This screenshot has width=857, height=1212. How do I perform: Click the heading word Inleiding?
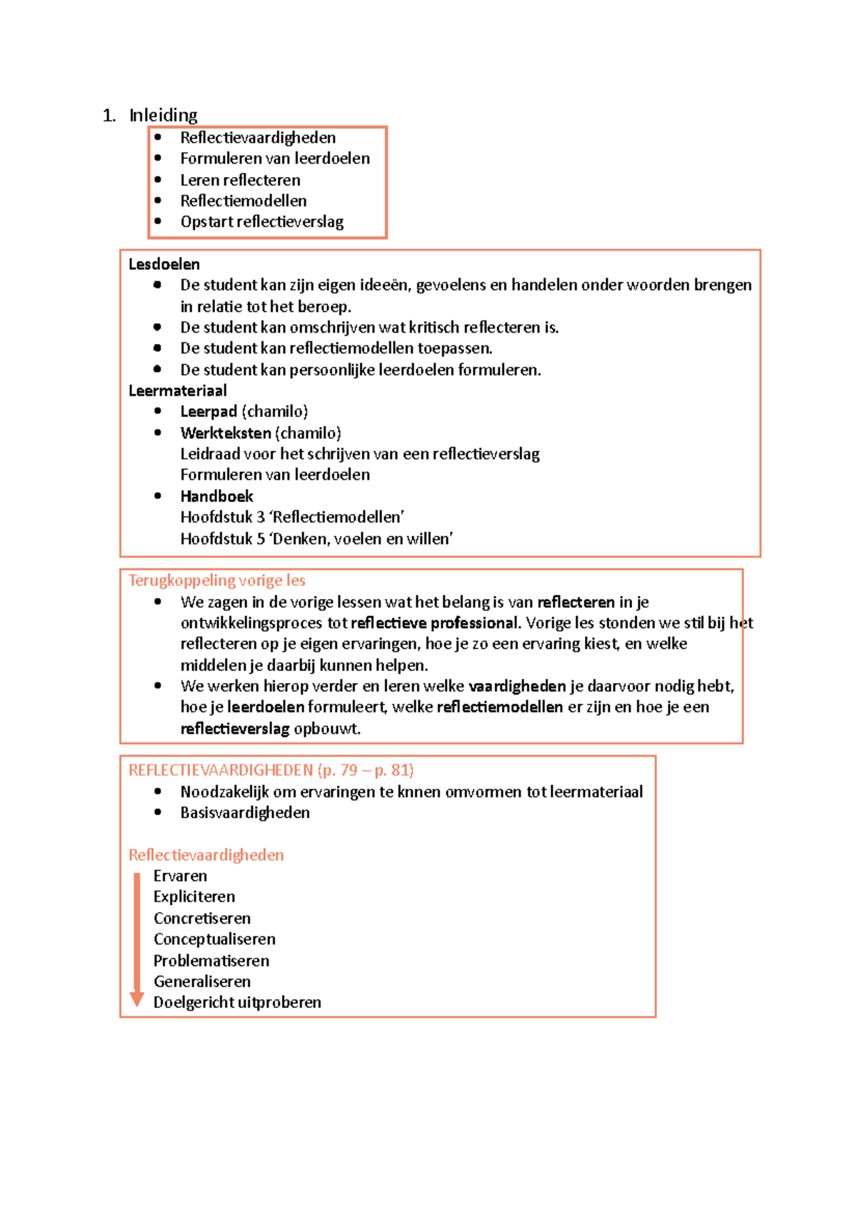[163, 115]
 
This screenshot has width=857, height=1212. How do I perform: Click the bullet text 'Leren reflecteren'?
[240, 180]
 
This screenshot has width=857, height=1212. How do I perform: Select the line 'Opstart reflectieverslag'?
[261, 221]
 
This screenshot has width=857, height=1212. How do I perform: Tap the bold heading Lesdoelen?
[164, 264]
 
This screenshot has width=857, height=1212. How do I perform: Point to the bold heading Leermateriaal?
[177, 390]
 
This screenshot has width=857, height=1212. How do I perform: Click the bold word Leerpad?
[208, 411]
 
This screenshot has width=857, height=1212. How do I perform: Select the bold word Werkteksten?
[226, 433]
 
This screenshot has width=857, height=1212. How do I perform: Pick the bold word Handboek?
[216, 496]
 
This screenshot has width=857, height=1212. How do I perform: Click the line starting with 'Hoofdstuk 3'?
[292, 517]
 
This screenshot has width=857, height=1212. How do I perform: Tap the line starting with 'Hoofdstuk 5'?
[316, 538]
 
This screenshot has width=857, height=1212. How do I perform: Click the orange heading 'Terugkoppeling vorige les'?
[216, 580]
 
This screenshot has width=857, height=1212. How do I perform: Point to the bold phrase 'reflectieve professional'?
[434, 622]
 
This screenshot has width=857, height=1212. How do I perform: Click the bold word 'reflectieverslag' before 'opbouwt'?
[234, 728]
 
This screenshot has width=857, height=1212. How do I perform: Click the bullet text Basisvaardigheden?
[245, 812]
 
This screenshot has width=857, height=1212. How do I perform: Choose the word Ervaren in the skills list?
[180, 876]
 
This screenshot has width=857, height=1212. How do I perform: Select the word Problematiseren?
[211, 960]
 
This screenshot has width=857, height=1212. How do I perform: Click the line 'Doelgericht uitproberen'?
[237, 1002]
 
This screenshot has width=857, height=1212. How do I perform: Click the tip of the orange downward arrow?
[136, 1004]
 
